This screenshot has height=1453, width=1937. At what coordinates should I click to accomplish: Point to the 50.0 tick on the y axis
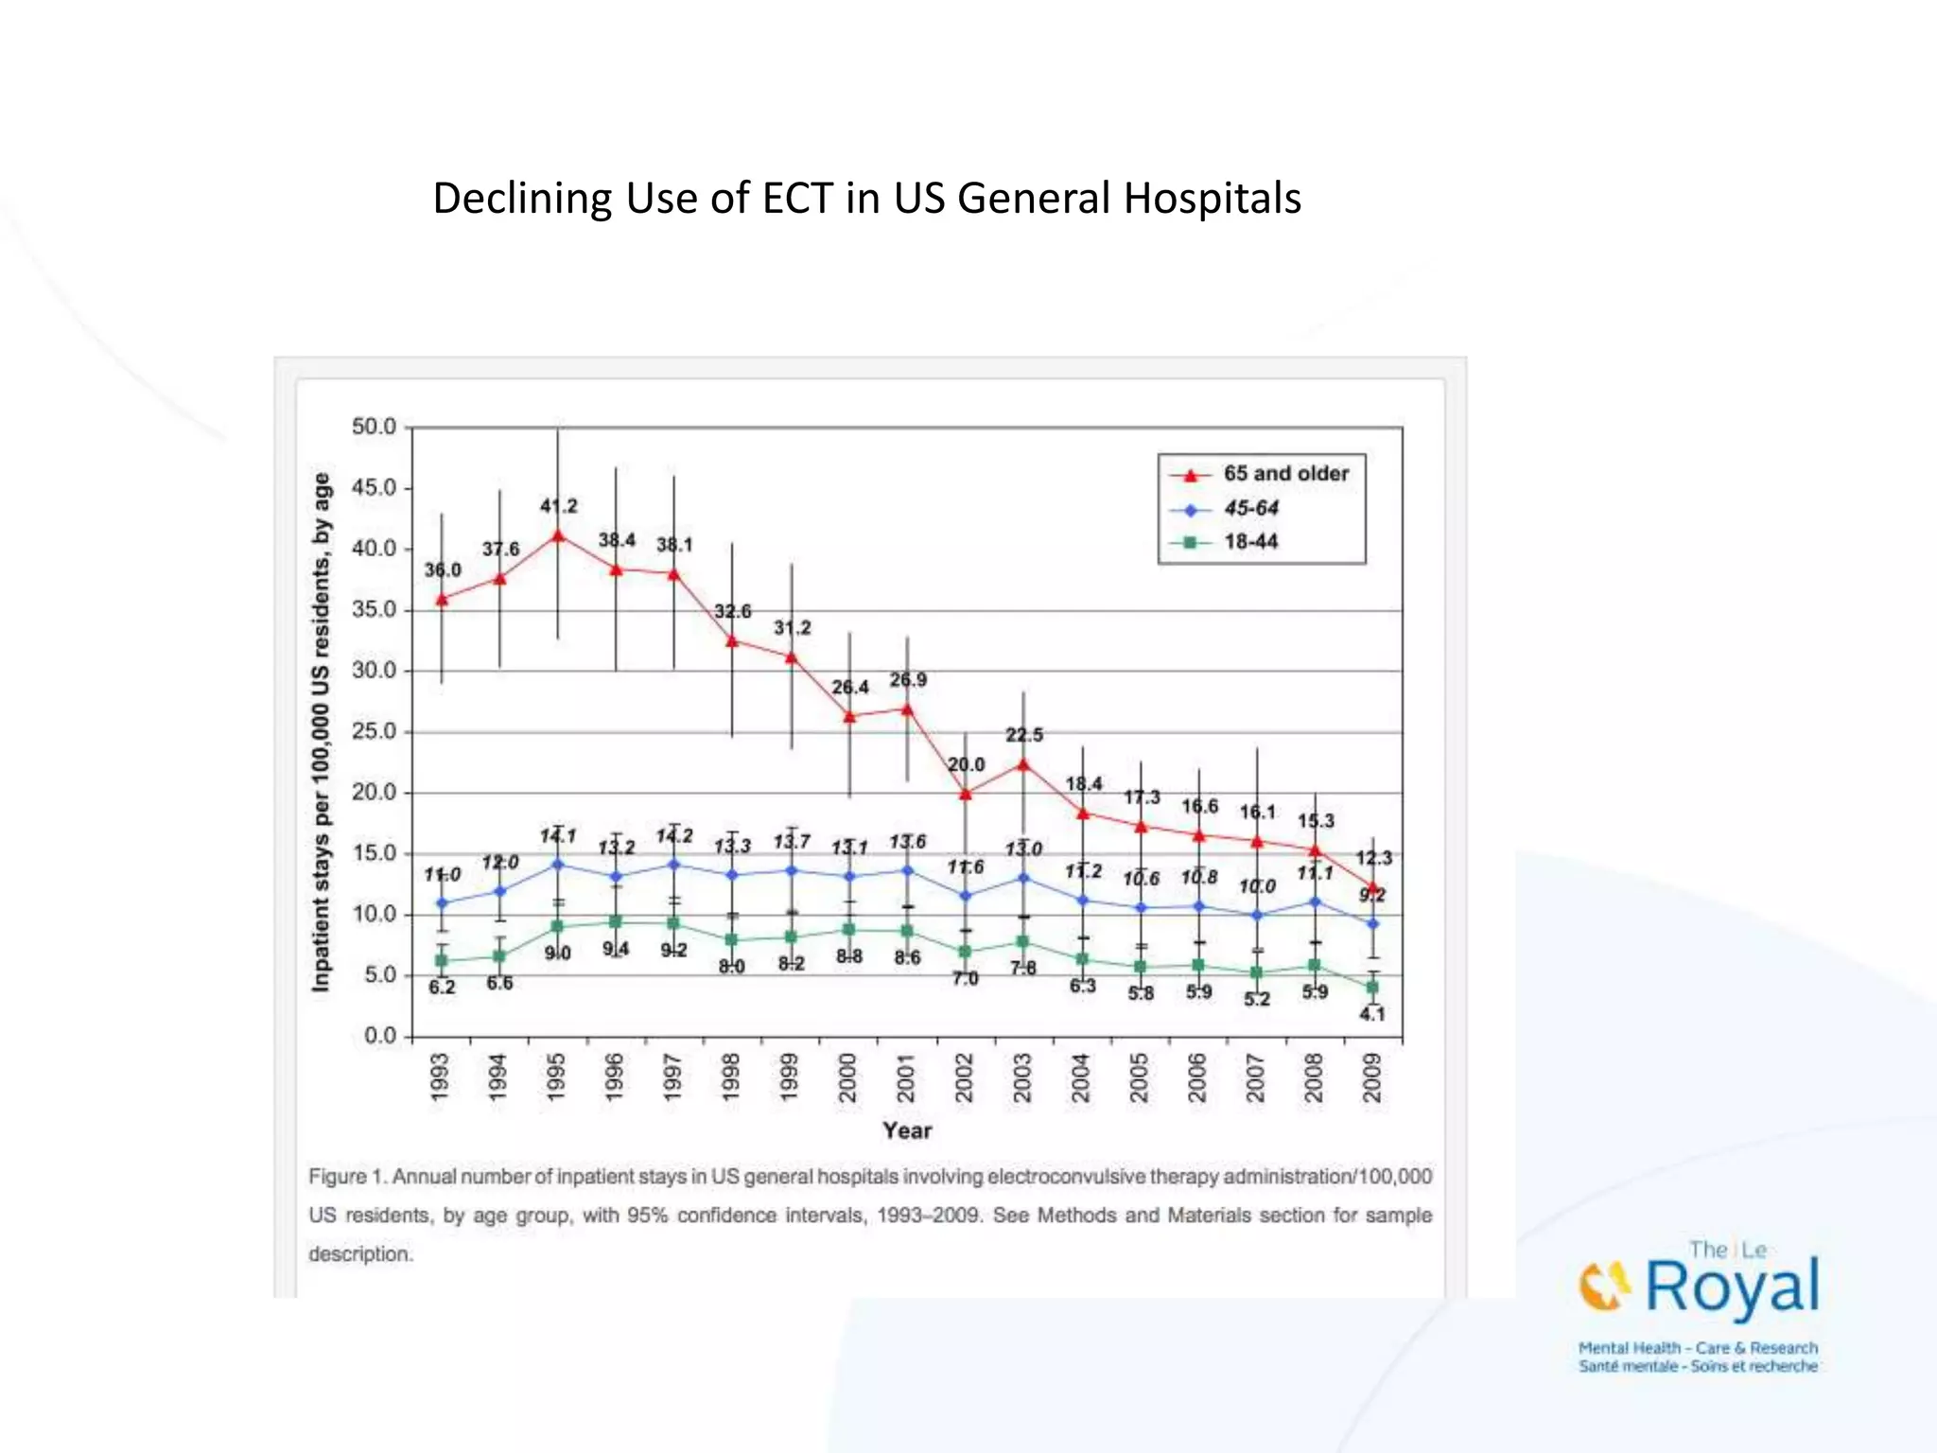pyautogui.click(x=374, y=427)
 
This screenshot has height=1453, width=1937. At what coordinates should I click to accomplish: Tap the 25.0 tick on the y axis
pyautogui.click(x=374, y=731)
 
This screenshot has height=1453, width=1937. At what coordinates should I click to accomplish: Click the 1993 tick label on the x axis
pyautogui.click(x=441, y=1077)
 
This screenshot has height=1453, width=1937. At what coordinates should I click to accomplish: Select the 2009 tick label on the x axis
pyautogui.click(x=1372, y=1077)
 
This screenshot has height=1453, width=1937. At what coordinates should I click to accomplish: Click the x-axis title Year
pyautogui.click(x=907, y=1130)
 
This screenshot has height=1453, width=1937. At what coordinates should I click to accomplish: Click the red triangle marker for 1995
pyautogui.click(x=558, y=535)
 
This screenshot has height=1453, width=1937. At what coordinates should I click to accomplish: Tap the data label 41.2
pyautogui.click(x=558, y=506)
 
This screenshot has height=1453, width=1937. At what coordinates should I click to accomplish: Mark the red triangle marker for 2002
pyautogui.click(x=965, y=794)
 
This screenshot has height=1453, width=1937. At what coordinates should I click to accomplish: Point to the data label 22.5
pyautogui.click(x=1023, y=735)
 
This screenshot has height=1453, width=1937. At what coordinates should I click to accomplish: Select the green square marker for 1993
pyautogui.click(x=441, y=960)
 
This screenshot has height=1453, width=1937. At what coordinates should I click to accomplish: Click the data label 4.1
pyautogui.click(x=1372, y=1014)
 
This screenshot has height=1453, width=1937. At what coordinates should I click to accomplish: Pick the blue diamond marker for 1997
pyautogui.click(x=673, y=864)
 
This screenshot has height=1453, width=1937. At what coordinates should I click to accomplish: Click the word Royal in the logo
pyautogui.click(x=1731, y=1287)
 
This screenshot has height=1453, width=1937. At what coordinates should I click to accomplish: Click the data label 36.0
pyautogui.click(x=442, y=569)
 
